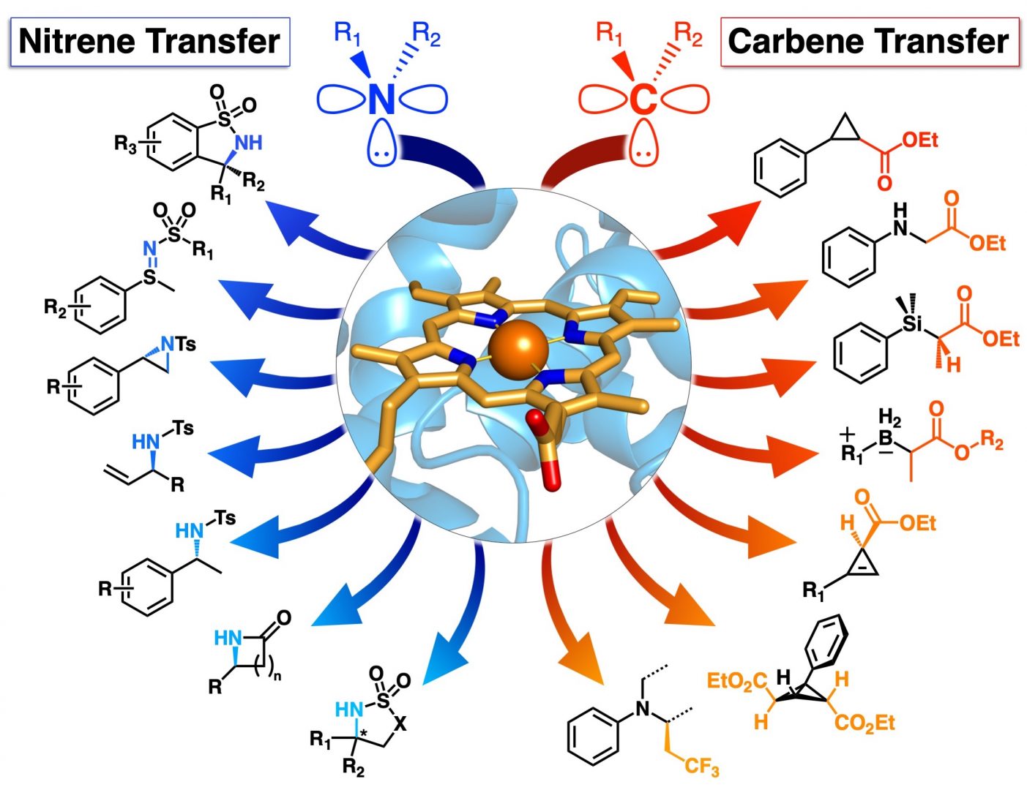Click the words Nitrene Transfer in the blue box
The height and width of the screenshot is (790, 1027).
149,42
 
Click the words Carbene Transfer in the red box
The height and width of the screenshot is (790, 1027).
869,42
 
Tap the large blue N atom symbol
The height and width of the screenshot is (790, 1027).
382,98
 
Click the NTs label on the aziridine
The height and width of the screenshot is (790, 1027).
178,345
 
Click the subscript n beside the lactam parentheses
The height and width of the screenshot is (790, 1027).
277,676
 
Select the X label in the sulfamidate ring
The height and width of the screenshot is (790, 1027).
400,723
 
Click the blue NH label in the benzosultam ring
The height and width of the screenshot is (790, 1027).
248,142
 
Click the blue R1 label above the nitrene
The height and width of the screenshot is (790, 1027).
348,34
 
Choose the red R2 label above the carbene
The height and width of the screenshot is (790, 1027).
688,35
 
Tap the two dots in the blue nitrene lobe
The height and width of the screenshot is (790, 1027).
382,154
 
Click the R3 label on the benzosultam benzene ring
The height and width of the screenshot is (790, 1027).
125,143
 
